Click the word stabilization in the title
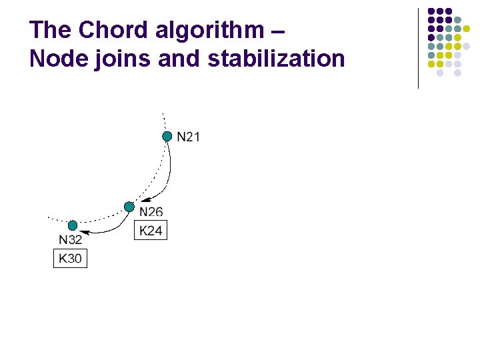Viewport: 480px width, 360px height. coord(276,59)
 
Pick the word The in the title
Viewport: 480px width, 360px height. coord(51,30)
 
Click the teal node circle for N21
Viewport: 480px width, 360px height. coord(167,137)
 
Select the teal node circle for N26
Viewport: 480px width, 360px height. coord(129,207)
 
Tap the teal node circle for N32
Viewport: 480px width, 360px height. coord(73,226)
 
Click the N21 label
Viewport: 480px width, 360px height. coord(188,137)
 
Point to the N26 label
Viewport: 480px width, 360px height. coord(151,212)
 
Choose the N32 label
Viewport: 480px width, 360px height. coord(71,241)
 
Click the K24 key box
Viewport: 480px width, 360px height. coord(151,231)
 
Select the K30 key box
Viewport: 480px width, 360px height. coord(70,258)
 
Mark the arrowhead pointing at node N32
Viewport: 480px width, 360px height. coord(84,231)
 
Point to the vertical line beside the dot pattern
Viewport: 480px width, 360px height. coord(418,48)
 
